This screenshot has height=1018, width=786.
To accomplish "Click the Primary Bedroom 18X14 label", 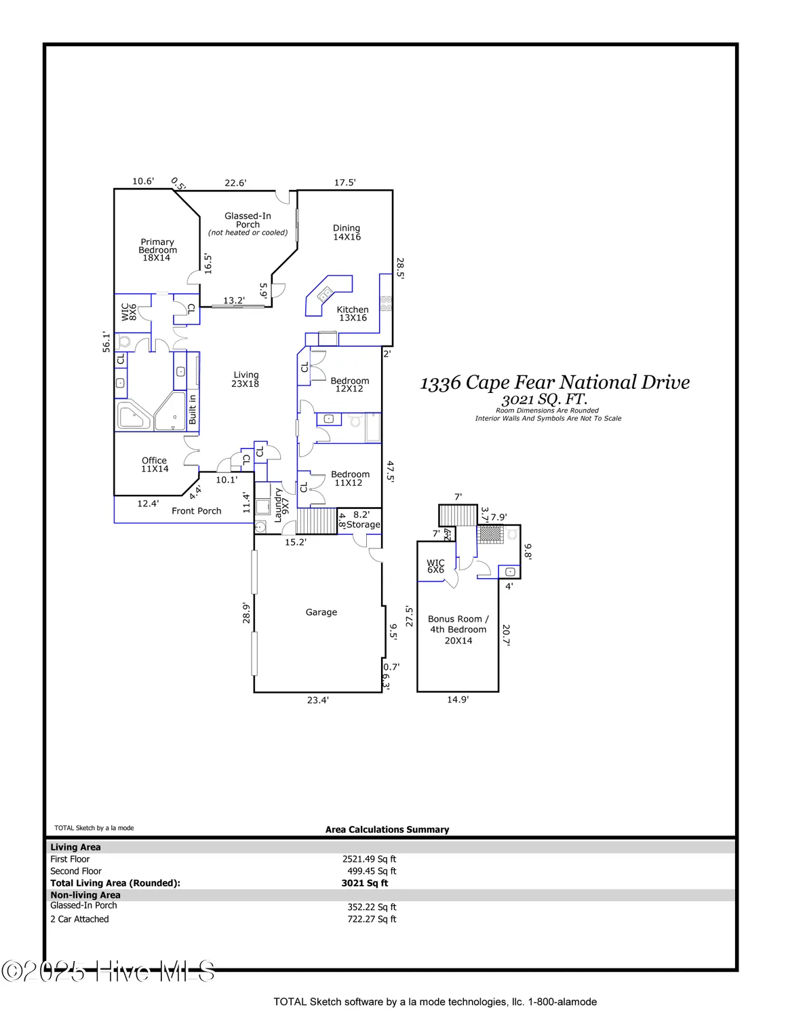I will (157, 250).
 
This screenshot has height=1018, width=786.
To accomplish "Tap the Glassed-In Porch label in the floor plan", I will (248, 221).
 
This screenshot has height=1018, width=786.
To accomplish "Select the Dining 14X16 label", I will (347, 233).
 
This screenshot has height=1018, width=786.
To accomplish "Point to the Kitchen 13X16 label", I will (353, 314).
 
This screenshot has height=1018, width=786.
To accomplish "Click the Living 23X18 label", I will (245, 379).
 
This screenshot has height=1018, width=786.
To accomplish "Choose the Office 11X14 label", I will (155, 465).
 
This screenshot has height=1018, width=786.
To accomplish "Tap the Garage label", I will (321, 612).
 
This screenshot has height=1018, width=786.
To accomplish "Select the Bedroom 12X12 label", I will (350, 385).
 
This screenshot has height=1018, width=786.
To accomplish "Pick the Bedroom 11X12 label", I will (350, 478).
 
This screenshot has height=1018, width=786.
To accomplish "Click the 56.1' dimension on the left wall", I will (106, 341).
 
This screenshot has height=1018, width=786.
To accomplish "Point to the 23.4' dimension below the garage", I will (317, 700).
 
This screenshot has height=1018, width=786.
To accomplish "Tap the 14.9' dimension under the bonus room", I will (458, 700).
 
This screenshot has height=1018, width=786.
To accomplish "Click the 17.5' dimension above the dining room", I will (345, 183).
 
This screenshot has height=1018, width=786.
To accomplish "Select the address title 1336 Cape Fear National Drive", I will (555, 383).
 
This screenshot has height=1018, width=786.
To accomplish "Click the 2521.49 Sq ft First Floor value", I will (369, 859).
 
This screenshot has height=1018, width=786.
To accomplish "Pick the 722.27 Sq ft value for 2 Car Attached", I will (372, 920).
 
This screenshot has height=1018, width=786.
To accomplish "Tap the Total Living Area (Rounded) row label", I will (115, 884).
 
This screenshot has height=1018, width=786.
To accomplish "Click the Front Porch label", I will (197, 511).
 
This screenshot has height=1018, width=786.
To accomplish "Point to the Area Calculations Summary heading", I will (387, 829).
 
